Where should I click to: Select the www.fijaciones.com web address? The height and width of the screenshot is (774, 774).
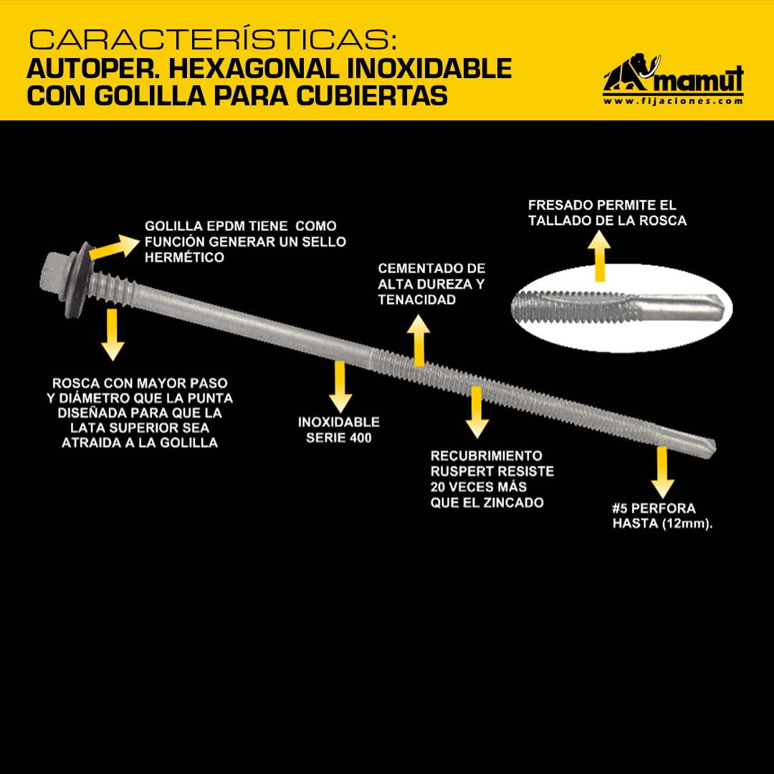point(673,101)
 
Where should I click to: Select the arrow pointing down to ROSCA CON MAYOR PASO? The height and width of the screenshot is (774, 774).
point(113,334)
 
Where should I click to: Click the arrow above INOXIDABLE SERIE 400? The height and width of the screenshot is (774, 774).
point(340,386)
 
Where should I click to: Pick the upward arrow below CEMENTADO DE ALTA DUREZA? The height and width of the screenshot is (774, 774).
point(419,340)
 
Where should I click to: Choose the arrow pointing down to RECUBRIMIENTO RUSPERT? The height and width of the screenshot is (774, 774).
point(477,412)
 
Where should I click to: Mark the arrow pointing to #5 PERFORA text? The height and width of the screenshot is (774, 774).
point(662,472)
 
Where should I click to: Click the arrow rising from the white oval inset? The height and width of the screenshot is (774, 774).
point(600,256)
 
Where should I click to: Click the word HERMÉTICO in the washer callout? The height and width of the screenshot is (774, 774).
point(185,257)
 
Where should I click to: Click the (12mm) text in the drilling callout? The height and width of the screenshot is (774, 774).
point(687,523)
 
